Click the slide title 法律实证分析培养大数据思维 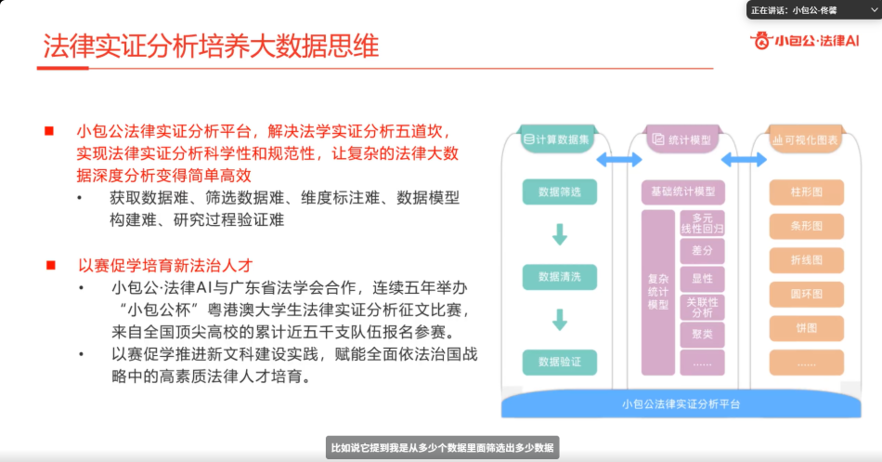point(211,47)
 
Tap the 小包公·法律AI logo point(805,40)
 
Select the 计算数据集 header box point(557,139)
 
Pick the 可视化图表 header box point(806,139)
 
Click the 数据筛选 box point(559,192)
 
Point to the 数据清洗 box point(559,276)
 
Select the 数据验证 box point(559,361)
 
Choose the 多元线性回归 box point(702,223)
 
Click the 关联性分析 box point(702,307)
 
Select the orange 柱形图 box point(806,192)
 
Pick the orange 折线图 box point(806,260)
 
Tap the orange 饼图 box point(806,328)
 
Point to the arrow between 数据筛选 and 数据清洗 point(559,234)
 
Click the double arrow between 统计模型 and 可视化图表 point(744,161)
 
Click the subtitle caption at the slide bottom point(442,448)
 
